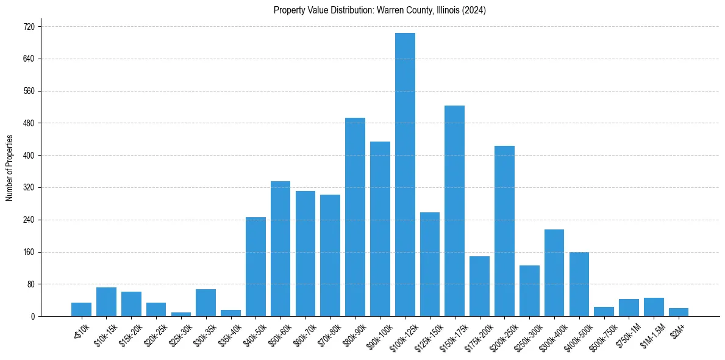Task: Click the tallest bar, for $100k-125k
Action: coord(405,175)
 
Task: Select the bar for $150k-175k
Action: coord(454,211)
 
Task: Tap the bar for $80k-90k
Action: coord(355,217)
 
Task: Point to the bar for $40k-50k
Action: coord(255,267)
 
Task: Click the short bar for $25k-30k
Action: coord(181,314)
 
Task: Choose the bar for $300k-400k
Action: coord(554,273)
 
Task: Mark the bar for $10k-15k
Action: coord(106,302)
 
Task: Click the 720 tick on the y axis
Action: coord(29,27)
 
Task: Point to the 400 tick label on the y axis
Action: coord(29,156)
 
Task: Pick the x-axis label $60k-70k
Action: coord(303,331)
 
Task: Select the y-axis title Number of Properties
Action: coord(9,168)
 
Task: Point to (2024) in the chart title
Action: coord(474,10)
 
